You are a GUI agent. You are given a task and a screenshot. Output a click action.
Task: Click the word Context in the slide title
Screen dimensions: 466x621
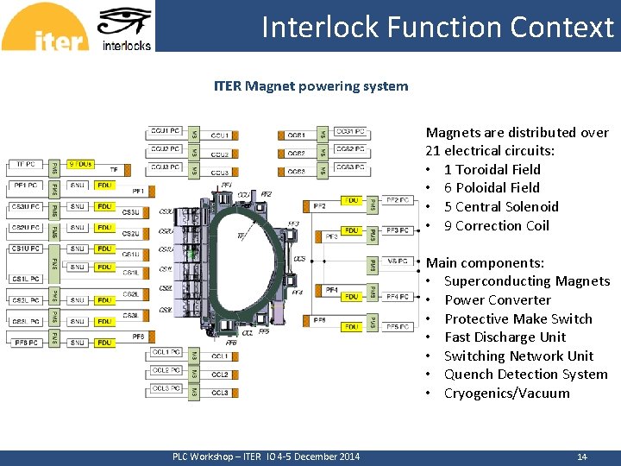click(561, 28)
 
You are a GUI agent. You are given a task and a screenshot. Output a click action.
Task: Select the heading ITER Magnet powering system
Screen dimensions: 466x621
click(310, 86)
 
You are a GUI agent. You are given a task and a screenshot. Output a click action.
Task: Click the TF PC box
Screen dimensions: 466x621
click(26, 164)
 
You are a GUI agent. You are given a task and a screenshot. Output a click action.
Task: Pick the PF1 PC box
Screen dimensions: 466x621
click(25, 186)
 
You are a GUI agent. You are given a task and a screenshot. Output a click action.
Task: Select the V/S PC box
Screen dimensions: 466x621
click(398, 261)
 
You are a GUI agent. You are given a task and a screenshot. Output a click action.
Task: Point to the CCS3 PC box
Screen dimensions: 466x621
click(351, 167)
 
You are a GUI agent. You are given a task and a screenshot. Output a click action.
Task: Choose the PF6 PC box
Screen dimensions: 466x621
click(25, 343)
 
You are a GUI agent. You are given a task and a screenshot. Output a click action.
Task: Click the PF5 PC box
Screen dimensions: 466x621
click(398, 327)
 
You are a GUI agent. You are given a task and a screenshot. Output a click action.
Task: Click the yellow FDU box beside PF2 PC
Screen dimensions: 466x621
click(351, 200)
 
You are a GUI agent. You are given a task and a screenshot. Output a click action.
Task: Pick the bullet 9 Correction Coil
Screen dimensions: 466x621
click(496, 226)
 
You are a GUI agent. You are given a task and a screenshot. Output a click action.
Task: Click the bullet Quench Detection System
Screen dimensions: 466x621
click(525, 375)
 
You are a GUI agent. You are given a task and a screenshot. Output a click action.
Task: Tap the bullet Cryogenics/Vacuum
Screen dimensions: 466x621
click(506, 394)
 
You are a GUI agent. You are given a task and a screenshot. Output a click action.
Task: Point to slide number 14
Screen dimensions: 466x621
click(581, 457)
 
